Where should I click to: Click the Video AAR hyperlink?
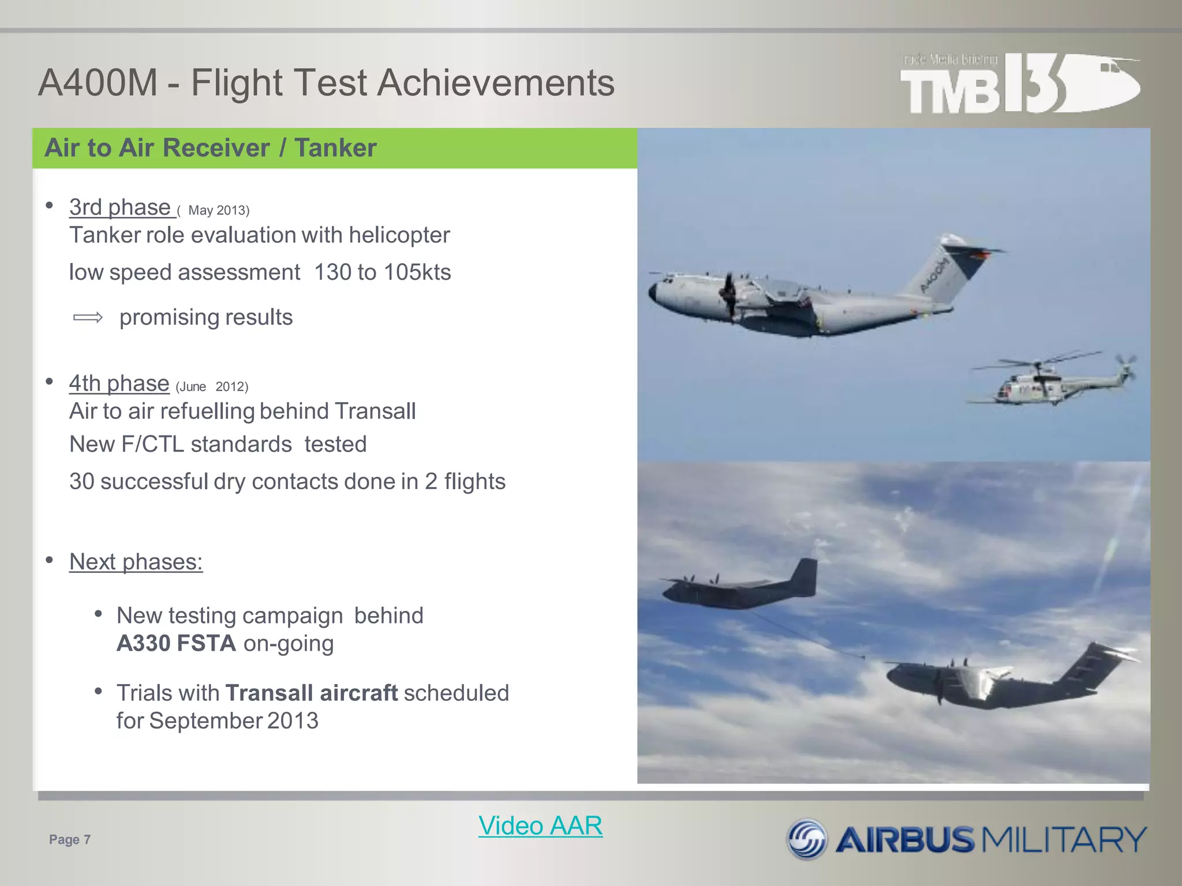click(540, 825)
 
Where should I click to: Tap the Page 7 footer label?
click(70, 839)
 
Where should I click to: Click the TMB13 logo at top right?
click(1019, 84)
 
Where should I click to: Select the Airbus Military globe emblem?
click(807, 839)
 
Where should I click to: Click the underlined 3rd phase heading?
click(120, 207)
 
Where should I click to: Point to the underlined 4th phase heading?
click(119, 383)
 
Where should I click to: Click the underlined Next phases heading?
click(136, 562)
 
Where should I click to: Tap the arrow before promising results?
click(88, 317)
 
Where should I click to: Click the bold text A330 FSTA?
click(176, 643)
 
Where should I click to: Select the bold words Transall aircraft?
click(311, 693)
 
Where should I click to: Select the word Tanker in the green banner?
click(335, 148)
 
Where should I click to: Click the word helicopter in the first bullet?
click(399, 235)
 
